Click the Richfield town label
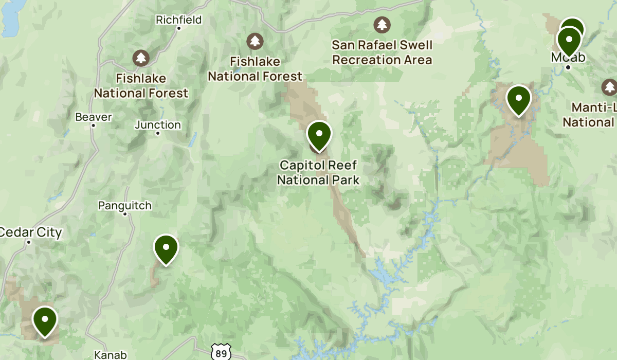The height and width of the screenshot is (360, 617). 178,20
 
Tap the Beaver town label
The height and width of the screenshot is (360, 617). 93,117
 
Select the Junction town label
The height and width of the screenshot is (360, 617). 158,125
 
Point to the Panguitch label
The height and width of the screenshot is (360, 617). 125,206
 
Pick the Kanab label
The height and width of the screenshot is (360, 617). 111,354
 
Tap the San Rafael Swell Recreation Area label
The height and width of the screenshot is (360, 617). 382,52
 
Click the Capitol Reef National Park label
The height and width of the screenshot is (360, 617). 318,173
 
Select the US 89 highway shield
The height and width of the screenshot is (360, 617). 221,353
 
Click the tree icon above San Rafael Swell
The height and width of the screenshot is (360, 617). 382,24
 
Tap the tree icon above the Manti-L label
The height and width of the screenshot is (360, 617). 610,87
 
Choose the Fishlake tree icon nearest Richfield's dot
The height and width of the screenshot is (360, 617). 141,58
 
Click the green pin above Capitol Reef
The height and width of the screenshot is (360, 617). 319,135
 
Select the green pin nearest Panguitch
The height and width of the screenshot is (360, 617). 166,249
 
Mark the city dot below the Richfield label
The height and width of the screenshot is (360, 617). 179,28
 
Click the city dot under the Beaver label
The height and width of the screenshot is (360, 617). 93,125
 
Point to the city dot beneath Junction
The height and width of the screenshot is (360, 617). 158,133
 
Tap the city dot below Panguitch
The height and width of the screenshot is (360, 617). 125,214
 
